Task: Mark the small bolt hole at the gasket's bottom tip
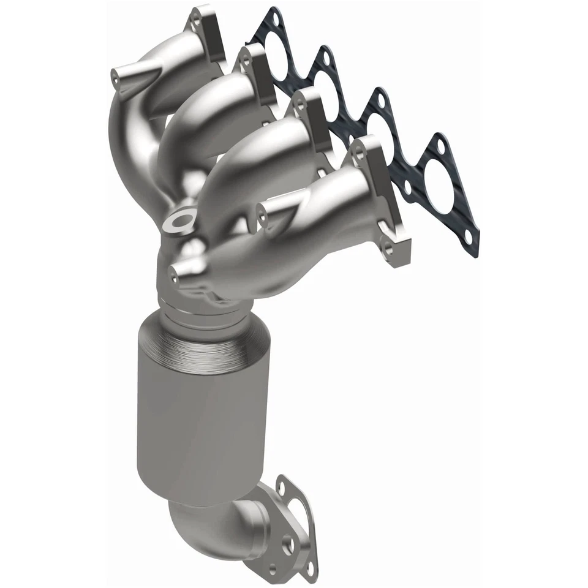click(x=468, y=236)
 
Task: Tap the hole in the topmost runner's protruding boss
click(x=115, y=76)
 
